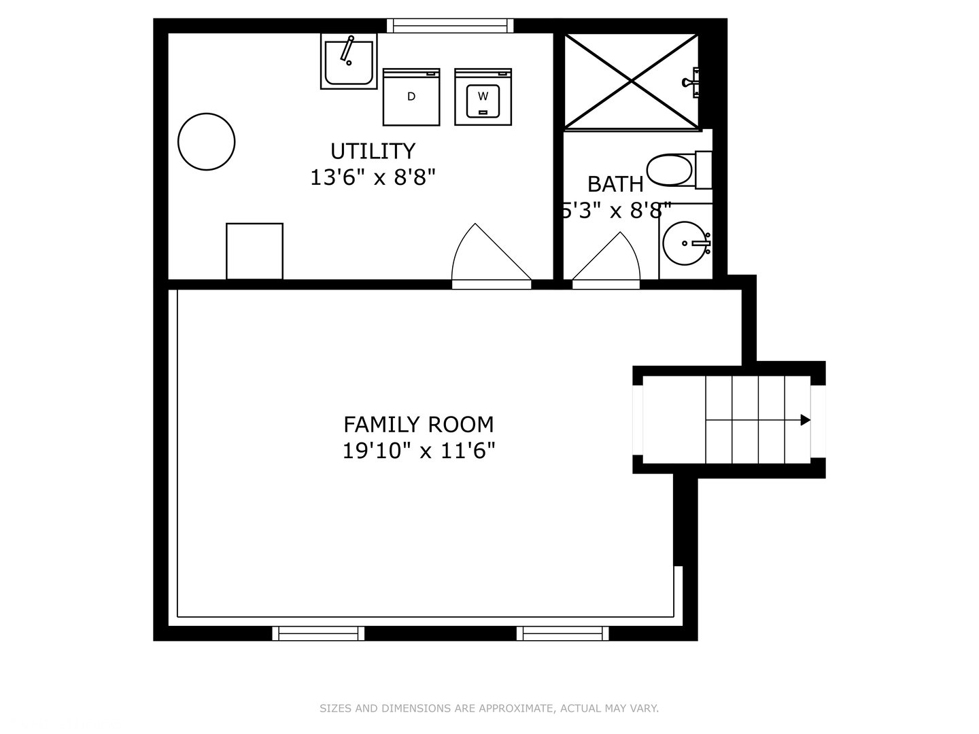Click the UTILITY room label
(373, 151)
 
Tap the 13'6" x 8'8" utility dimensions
(373, 177)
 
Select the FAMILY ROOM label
(418, 424)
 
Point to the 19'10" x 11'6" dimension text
(418, 451)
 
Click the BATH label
(615, 184)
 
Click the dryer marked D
(411, 97)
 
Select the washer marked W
(483, 97)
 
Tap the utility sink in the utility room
(349, 62)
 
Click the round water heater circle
(207, 141)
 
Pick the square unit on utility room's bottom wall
(254, 251)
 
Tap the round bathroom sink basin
(686, 243)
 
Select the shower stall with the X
(632, 81)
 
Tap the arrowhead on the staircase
(806, 420)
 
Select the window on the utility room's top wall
(450, 26)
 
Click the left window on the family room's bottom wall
(318, 633)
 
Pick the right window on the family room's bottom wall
(562, 633)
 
